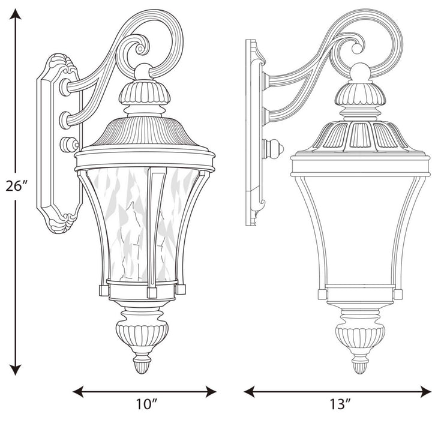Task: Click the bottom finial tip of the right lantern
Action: [360, 367]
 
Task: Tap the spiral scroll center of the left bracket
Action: [142, 44]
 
